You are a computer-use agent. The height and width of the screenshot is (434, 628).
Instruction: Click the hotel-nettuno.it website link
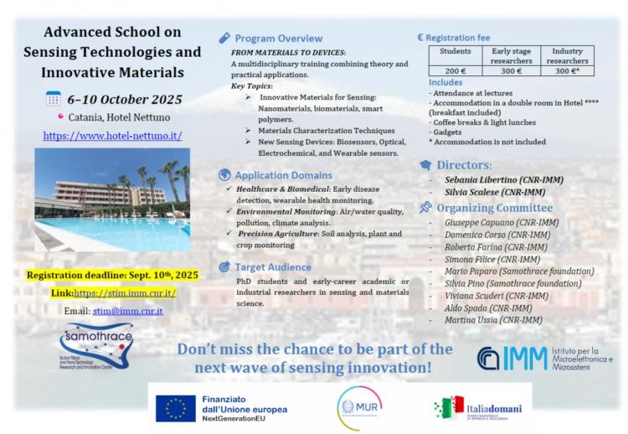[112, 135]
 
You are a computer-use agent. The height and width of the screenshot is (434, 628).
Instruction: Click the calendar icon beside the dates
[54, 99]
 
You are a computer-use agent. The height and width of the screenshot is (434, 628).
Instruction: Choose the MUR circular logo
[358, 408]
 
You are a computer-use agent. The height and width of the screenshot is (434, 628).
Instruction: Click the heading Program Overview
[278, 39]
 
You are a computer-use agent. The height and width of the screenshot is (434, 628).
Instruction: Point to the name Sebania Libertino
[481, 179]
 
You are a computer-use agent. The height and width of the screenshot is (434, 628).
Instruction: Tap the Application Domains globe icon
[224, 175]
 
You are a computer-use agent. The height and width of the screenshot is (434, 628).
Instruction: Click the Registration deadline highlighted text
[112, 276]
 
